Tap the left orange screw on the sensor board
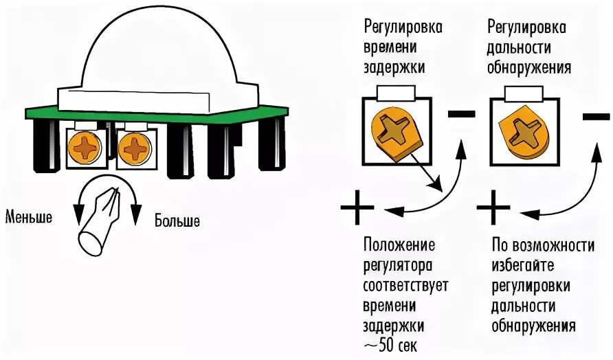click(87, 146)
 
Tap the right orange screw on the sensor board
click(133, 146)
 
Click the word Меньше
click(29, 217)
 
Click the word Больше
click(177, 221)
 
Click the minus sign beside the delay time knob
click(461, 114)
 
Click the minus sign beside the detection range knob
click(595, 117)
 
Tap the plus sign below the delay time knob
click(357, 207)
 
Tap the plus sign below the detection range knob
click(492, 207)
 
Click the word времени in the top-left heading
click(394, 47)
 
